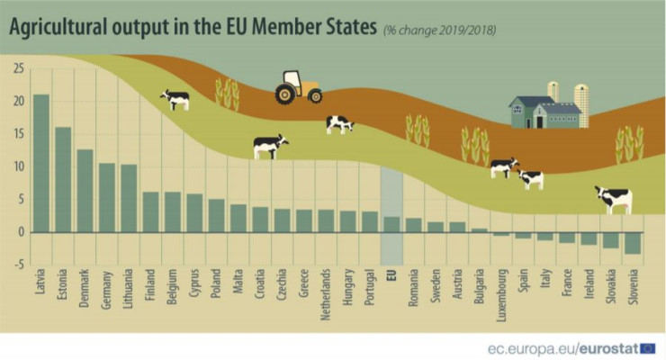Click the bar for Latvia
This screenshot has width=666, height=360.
coord(41,163)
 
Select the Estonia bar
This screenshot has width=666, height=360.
coord(63,179)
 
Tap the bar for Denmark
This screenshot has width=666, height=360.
coord(85,190)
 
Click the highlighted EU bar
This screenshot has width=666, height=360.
coord(391,224)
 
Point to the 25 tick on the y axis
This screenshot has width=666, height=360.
coord(18,68)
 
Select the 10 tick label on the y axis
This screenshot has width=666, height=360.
coord(18,166)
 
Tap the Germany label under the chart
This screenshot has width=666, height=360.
coord(106,289)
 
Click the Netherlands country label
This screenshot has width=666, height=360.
coord(327,296)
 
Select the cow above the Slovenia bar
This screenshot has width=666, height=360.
coord(614,198)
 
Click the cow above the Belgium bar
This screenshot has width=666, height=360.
coord(175,99)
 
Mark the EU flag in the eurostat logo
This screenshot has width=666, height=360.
coord(648,347)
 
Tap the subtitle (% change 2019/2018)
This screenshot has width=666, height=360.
coord(439,31)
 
